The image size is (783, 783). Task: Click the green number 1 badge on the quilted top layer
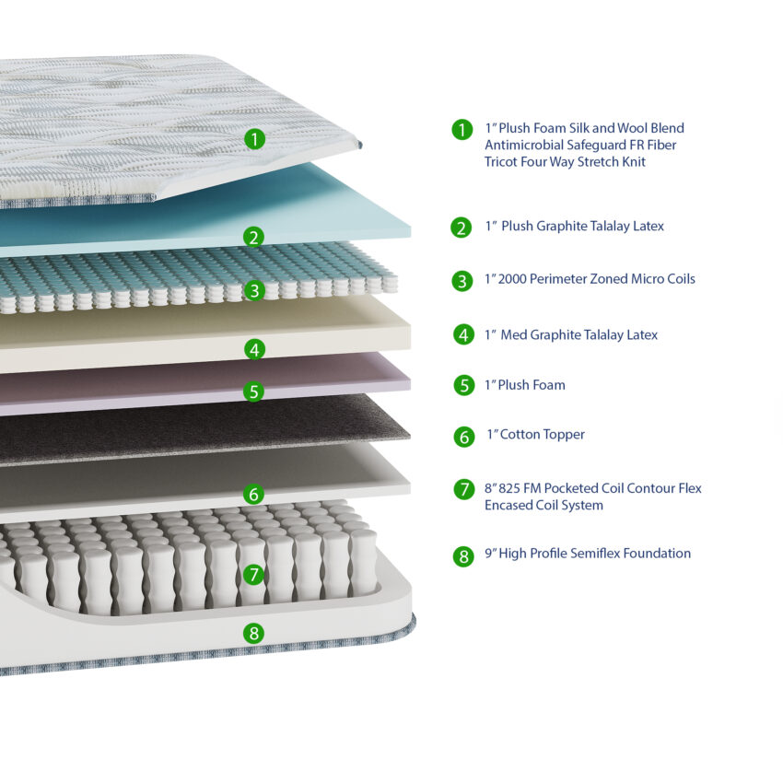tap(254, 139)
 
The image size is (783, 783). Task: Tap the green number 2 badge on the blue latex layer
tap(253, 237)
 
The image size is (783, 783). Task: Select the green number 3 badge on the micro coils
tap(254, 290)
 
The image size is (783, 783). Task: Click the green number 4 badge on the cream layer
tap(254, 349)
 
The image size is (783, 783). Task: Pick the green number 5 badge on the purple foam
tap(253, 391)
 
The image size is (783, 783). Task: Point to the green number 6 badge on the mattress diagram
tap(253, 494)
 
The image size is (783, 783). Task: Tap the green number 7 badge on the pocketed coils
tap(253, 574)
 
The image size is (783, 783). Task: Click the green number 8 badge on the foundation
tap(253, 633)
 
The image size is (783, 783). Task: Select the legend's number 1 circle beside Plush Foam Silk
tap(462, 129)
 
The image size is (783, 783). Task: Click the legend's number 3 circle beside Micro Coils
tap(462, 281)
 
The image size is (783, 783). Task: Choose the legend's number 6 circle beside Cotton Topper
tap(464, 437)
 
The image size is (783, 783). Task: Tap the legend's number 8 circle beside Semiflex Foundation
tap(463, 556)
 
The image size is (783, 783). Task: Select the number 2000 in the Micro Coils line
tap(512, 278)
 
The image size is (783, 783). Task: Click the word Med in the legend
tap(513, 334)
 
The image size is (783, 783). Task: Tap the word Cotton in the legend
tap(520, 435)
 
